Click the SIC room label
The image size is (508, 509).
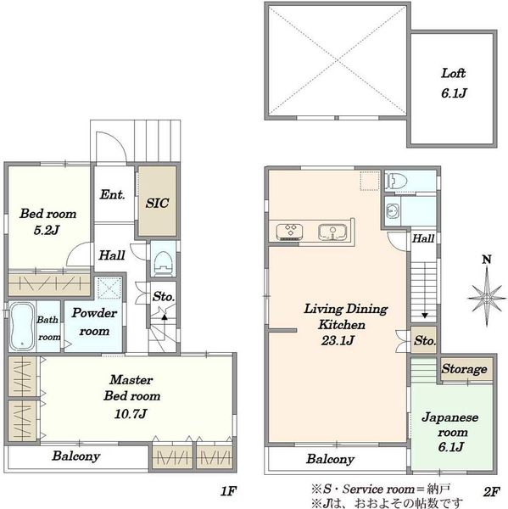pos(157,204)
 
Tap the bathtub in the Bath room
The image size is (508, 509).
pos(21,327)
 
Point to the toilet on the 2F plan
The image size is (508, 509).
pos(394,182)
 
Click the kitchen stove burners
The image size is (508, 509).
pos(289,232)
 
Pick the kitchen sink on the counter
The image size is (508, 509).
pos(332,232)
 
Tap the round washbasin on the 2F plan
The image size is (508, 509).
pos(392,211)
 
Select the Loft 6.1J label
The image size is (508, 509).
pos(454,83)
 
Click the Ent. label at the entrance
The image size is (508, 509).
pos(112,194)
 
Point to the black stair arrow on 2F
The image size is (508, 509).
pos(424,315)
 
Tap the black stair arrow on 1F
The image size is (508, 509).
pos(165,317)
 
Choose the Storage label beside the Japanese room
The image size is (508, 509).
pos(464,369)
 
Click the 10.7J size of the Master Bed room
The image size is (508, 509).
pos(131,414)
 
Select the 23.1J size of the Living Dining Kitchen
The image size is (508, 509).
pos(338,340)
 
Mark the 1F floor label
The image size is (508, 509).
pos(228,491)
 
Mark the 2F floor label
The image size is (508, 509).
pos(491,492)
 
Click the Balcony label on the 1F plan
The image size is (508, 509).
pos(76,456)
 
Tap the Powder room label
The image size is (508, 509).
pos(94,322)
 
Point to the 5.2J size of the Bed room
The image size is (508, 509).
pos(47,230)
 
